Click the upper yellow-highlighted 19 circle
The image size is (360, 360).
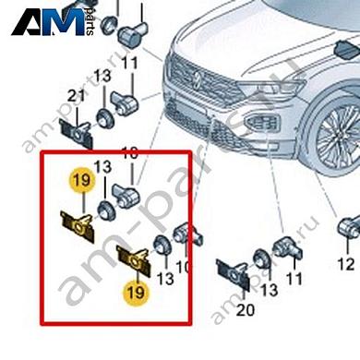[x=80, y=179]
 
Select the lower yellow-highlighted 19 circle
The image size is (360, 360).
[x=136, y=293]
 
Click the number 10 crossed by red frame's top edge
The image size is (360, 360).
[x=130, y=151]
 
